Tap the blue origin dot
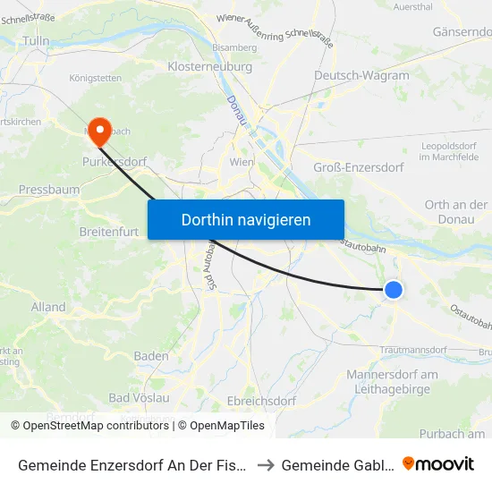[393, 289]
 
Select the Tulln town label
[36, 40]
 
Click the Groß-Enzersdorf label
[359, 167]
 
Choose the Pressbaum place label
[49, 190]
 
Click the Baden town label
[151, 355]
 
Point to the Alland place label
[48, 307]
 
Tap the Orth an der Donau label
[456, 212]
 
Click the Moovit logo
[438, 463]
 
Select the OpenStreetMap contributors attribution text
[90, 426]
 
